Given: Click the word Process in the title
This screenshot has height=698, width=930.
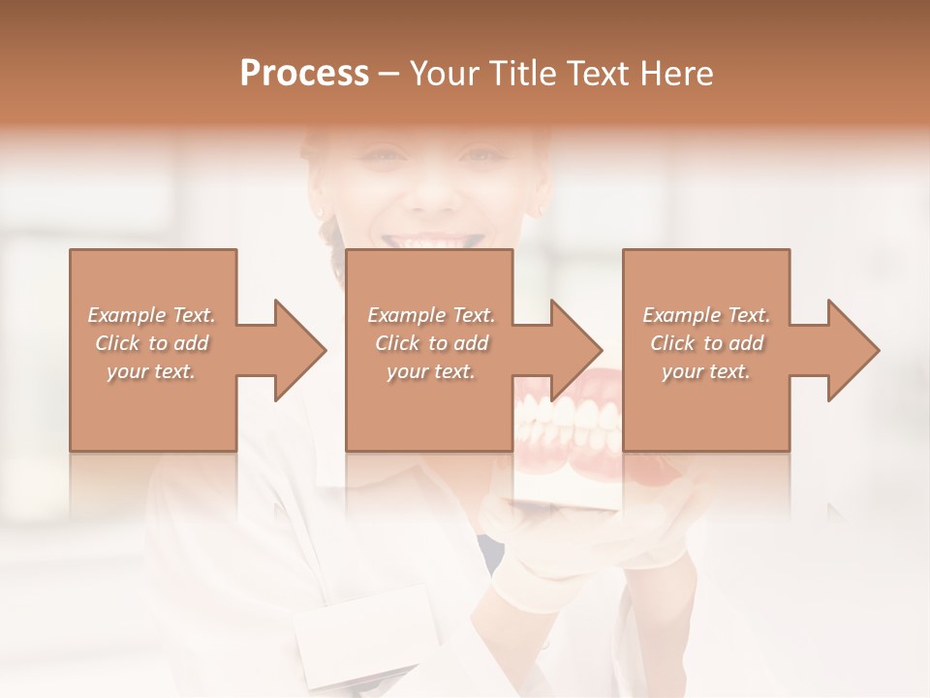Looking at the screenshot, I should (304, 74).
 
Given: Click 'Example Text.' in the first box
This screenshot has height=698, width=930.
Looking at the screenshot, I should (151, 315).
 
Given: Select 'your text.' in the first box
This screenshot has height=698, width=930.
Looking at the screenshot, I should (151, 371).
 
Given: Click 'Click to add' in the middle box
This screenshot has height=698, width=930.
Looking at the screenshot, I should (431, 343).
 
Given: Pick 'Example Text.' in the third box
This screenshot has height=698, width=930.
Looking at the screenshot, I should (706, 315).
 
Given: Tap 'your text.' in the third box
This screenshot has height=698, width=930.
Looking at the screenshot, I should (706, 371).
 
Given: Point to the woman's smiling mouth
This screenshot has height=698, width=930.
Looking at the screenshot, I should (432, 239).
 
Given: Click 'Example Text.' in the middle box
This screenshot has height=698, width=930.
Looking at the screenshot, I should (431, 315).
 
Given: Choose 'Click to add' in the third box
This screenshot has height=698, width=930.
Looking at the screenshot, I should (706, 343).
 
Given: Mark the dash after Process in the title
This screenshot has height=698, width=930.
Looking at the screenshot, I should (389, 74).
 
